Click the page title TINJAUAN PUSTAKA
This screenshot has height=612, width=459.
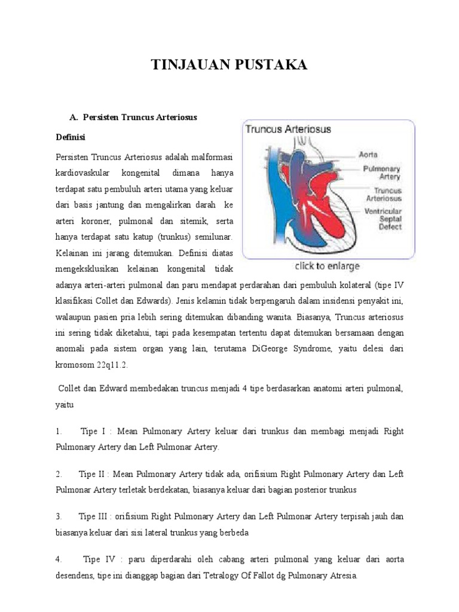(x=229, y=65)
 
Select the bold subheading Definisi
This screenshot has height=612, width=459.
(x=71, y=137)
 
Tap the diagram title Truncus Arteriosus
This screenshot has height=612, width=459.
(x=289, y=129)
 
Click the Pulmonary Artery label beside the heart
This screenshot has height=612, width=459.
(x=381, y=173)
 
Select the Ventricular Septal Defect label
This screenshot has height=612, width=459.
(x=383, y=219)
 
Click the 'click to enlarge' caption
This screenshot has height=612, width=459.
(x=327, y=266)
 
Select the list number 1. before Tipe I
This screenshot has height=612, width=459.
(x=59, y=431)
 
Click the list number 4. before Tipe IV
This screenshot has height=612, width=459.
(x=59, y=560)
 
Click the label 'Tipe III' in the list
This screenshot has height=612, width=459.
(x=93, y=516)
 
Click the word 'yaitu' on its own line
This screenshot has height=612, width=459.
(x=65, y=405)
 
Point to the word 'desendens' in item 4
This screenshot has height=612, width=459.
(x=76, y=577)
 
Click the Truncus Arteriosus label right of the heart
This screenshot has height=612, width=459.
(x=383, y=195)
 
